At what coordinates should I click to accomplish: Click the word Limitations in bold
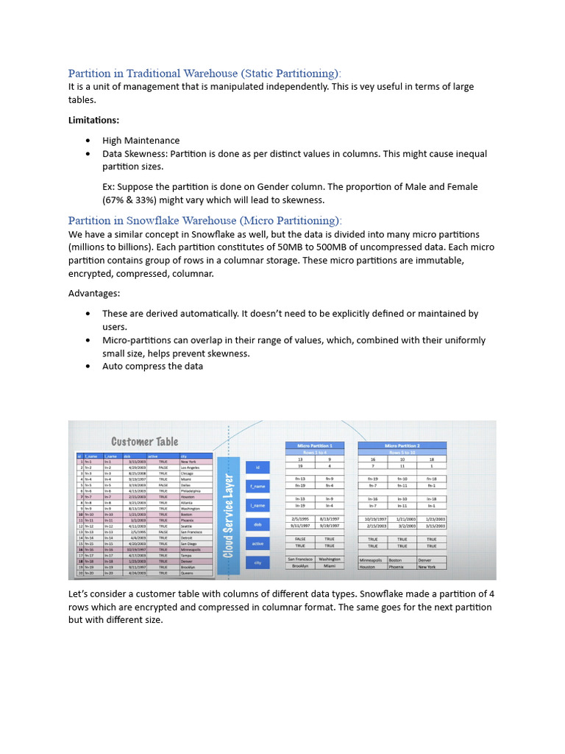coord(93,120)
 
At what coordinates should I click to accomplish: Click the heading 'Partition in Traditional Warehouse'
coord(205,73)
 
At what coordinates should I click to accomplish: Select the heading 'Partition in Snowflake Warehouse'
coord(205,220)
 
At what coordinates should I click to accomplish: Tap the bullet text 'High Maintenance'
coord(141,141)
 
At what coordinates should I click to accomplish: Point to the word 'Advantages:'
coord(94,293)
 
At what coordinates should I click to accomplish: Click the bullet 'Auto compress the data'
coord(152,366)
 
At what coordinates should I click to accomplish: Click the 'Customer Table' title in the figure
coord(144,442)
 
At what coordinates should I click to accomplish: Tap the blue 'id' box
coord(257,467)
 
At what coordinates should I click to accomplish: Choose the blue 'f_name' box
coord(257,486)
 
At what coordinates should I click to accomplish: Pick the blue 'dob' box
coord(257,524)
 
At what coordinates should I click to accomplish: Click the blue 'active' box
coord(257,543)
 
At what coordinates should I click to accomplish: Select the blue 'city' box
coord(257,563)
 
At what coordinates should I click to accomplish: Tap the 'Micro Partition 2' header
coord(402,445)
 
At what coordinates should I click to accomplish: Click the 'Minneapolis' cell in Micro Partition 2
coord(372,560)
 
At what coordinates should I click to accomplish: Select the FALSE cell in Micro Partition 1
coord(301,539)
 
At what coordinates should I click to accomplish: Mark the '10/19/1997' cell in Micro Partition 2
coord(372,518)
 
